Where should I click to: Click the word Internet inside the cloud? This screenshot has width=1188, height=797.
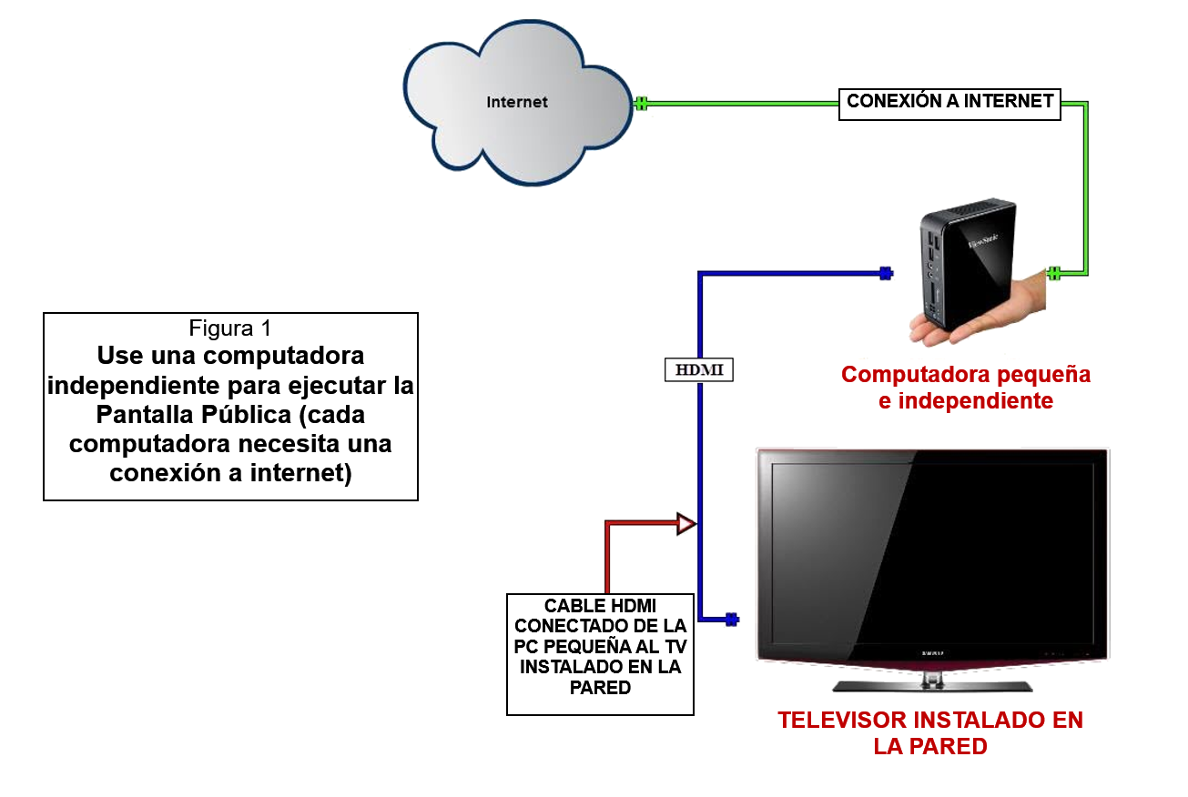[x=517, y=102]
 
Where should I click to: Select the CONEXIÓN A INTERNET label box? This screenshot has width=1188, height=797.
[x=949, y=102]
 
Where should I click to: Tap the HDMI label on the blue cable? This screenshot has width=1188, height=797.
[x=698, y=370]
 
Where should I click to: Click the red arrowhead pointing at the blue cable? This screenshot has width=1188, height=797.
[x=685, y=524]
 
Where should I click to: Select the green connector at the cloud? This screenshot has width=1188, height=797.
[x=641, y=103]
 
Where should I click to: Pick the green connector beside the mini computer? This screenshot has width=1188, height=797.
[x=1054, y=273]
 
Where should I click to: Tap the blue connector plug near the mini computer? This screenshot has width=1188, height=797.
[x=885, y=272]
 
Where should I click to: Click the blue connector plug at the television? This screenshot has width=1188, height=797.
[x=731, y=620]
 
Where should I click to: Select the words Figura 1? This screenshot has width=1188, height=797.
[x=230, y=328]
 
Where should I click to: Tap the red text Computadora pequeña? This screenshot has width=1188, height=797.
[x=965, y=374]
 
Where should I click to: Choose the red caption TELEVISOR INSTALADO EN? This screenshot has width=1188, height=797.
[x=930, y=721]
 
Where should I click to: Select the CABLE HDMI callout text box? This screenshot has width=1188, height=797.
[x=601, y=653]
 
